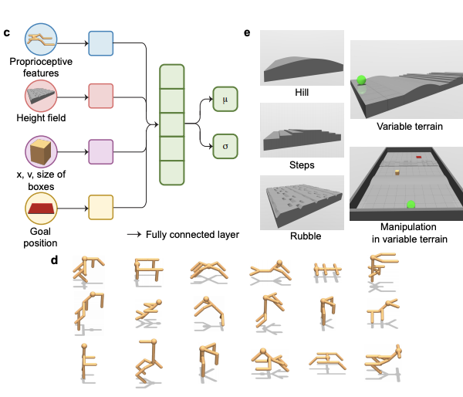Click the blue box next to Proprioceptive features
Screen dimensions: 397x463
click(101, 44)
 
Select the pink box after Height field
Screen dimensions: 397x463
click(101, 97)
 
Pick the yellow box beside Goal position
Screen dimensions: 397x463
click(101, 207)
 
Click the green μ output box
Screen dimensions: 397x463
click(225, 100)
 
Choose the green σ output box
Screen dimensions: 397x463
click(225, 144)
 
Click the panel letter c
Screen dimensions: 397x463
click(7, 32)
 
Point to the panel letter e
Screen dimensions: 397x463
click(247, 33)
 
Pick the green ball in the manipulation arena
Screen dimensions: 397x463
click(411, 204)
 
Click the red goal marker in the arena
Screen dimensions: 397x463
click(418, 158)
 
